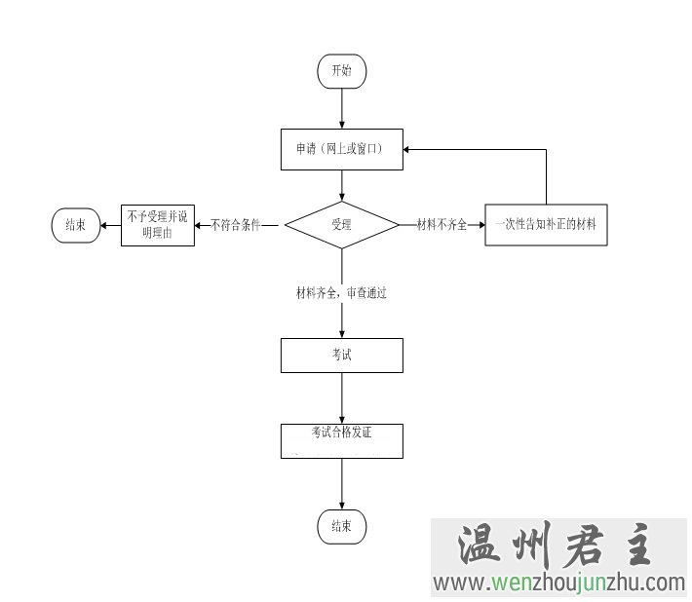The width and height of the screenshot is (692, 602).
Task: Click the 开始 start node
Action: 341,71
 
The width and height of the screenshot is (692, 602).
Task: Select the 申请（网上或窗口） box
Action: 341,149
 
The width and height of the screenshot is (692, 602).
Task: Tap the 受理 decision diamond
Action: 341,225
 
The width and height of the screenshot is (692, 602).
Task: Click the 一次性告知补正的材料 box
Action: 546,225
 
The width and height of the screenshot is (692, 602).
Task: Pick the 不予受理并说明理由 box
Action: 157,225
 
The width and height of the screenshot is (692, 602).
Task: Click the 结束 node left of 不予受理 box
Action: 75,225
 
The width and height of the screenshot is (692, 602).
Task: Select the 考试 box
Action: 341,356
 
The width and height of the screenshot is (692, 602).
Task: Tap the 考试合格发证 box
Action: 341,440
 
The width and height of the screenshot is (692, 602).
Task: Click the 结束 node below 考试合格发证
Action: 341,526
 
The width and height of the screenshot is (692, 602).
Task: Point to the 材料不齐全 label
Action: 442,225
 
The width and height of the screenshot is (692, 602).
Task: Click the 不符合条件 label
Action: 235,225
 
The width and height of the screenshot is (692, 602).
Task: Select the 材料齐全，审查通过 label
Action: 341,292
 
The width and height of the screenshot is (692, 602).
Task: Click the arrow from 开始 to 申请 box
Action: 341,109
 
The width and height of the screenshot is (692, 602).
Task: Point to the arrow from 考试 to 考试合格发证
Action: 341,397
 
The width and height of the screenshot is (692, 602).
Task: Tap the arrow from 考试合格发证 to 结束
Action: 341,483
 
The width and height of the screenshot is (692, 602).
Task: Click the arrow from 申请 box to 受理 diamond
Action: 341,185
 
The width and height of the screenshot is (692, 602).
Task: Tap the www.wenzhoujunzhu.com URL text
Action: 559,583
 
